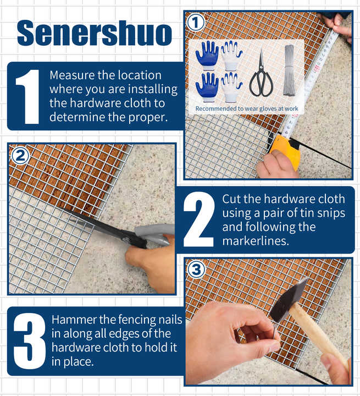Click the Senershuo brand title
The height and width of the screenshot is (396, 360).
95,33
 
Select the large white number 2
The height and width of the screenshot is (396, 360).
198,219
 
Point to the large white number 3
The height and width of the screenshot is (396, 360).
29,341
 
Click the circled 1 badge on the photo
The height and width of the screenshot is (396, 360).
196,23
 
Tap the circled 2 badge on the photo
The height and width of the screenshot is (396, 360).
20,156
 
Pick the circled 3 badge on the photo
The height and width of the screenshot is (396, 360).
196,269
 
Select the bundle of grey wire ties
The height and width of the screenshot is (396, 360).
290,70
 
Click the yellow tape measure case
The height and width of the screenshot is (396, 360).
285,151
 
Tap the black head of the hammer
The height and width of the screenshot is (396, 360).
288,301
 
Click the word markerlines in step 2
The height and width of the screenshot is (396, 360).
256,241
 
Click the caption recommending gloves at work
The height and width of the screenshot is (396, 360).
247,108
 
